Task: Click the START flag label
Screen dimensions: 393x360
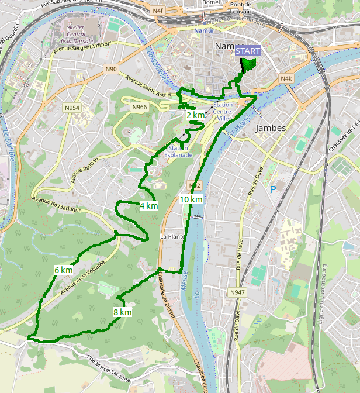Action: [248, 51]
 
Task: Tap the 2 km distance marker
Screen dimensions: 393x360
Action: [195, 115]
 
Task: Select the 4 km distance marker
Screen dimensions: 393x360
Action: [148, 205]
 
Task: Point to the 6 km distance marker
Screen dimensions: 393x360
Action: [63, 270]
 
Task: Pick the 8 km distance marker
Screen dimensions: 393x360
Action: [122, 312]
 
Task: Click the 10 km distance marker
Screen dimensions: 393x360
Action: [191, 199]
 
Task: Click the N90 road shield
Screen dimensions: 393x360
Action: [112, 70]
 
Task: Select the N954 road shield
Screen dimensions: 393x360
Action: [72, 108]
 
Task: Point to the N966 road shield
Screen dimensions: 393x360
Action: [140, 107]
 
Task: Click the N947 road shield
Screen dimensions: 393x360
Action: [237, 292]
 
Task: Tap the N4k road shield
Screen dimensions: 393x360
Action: [286, 78]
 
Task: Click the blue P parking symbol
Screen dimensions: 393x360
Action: [272, 189]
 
